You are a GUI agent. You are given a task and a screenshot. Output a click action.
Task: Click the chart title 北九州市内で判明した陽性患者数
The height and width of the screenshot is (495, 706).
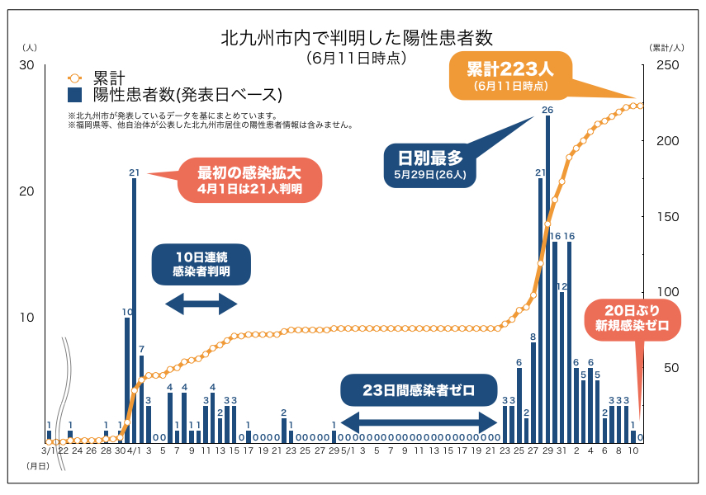[x=357, y=38]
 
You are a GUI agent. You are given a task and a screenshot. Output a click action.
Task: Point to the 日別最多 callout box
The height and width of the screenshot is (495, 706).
[x=430, y=164]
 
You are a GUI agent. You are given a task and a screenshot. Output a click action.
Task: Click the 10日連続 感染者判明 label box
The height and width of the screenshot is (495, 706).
[x=201, y=263]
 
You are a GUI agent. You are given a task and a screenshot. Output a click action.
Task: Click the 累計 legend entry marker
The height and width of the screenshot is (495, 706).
[x=74, y=78]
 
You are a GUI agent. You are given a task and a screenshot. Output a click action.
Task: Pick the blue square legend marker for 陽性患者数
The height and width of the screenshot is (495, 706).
[x=74, y=94]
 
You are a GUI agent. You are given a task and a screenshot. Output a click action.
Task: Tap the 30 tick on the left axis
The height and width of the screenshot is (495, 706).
[x=26, y=66]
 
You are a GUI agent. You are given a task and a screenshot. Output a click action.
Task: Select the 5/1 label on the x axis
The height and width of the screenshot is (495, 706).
[x=348, y=451]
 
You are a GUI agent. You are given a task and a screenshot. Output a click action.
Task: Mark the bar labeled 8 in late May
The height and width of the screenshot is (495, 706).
[x=533, y=390]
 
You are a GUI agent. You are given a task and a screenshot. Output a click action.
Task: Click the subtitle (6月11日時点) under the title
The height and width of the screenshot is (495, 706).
[x=356, y=58]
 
